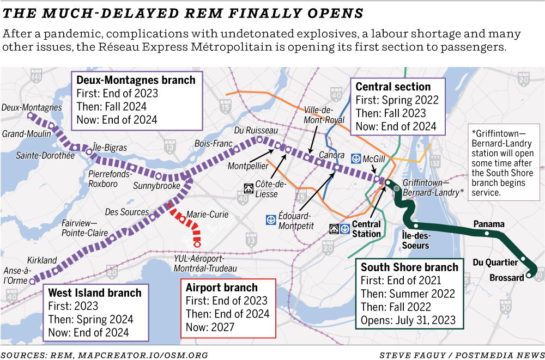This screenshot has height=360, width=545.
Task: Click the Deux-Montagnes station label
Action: (x=31, y=108)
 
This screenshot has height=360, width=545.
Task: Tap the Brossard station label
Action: (x=506, y=278)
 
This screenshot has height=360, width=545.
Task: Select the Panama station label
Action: (x=489, y=224)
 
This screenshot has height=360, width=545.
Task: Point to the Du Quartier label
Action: (x=495, y=262)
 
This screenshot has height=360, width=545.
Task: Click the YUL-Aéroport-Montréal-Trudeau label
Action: (x=205, y=264)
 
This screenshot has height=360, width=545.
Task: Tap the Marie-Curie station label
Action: (x=207, y=215)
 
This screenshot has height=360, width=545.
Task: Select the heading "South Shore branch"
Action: (x=409, y=267)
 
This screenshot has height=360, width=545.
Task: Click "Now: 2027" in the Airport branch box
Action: (x=210, y=327)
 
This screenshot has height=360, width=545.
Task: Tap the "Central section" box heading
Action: (x=393, y=87)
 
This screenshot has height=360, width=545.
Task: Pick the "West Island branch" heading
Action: (x=94, y=292)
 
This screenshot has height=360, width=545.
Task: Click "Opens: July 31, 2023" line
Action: (x=408, y=320)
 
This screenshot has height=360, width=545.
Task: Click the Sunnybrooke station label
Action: (x=156, y=186)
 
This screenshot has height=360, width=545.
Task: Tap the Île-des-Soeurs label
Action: (x=415, y=240)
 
